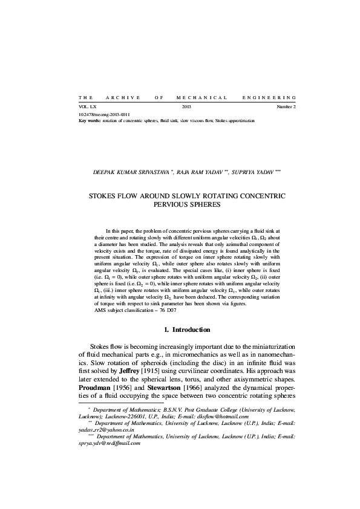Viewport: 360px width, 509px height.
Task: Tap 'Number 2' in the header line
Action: pyautogui.click(x=286, y=106)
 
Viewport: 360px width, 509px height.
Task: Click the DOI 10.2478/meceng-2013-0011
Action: pyautogui.click(x=104, y=114)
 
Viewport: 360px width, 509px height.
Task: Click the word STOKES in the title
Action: pyautogui.click(x=104, y=197)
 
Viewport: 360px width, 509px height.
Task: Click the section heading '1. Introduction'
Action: pyautogui.click(x=188, y=330)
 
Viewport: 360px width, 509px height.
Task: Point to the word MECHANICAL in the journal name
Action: pyautogui.click(x=201, y=97)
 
